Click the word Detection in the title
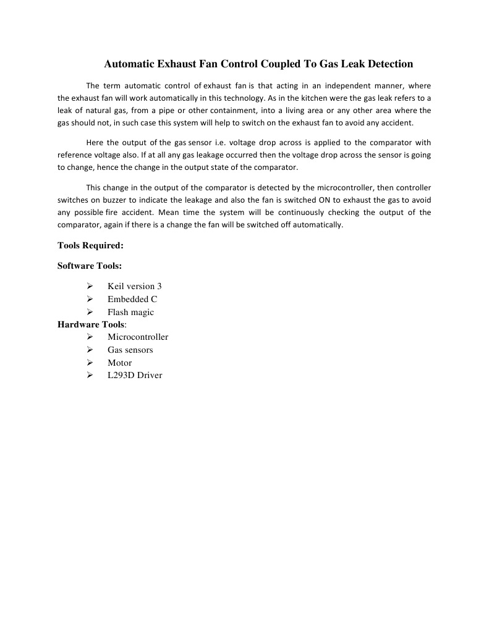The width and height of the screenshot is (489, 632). click(x=385, y=64)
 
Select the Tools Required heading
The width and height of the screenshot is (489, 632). click(x=90, y=245)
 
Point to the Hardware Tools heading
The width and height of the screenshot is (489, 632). click(x=91, y=324)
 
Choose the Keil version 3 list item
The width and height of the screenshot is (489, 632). click(x=134, y=286)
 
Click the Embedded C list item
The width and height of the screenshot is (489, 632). click(x=132, y=299)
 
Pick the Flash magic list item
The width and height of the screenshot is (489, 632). click(x=130, y=312)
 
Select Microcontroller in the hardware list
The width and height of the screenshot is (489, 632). click(x=137, y=337)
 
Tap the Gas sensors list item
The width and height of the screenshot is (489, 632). click(x=130, y=350)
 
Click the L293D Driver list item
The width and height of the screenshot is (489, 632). click(x=134, y=375)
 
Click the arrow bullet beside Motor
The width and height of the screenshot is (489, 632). click(x=90, y=363)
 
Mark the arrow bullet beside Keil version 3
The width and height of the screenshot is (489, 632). click(x=90, y=286)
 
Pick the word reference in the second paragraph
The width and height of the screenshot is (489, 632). click(x=76, y=154)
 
